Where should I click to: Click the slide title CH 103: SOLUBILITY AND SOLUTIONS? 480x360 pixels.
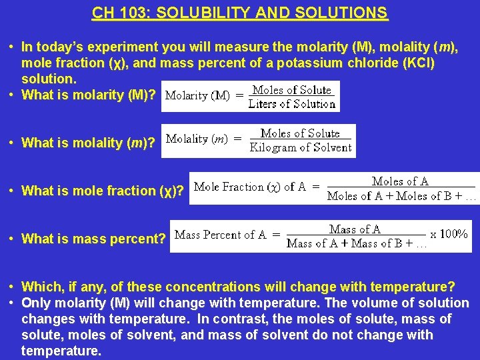coord(240,13)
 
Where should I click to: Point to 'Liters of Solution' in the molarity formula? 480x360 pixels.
coord(291,104)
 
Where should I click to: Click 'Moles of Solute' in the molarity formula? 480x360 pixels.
coord(291,90)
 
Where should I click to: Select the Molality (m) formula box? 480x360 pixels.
coord(259,141)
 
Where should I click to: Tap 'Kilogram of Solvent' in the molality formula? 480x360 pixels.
coord(300,147)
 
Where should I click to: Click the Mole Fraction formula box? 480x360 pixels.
coord(334,188)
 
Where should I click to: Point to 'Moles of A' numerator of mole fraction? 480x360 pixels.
coord(400,181)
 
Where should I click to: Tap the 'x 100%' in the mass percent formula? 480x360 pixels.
coord(449,234)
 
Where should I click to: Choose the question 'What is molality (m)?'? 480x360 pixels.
coord(89,143)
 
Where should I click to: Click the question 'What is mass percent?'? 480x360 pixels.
coord(93,239)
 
